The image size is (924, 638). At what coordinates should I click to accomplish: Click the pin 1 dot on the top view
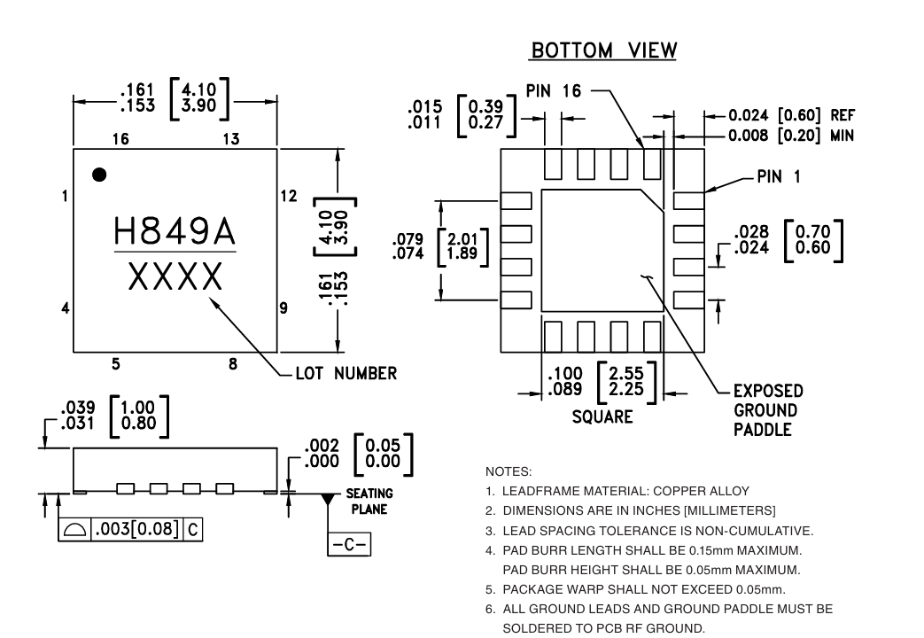(x=99, y=175)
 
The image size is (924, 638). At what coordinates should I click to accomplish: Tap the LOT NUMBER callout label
(x=346, y=373)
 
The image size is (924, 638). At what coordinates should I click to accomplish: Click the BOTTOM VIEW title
(x=604, y=51)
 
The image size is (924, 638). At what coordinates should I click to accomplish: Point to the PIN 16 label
(x=554, y=90)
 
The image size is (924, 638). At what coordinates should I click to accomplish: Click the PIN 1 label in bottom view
(x=779, y=176)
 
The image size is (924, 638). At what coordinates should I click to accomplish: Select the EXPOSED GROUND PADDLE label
(x=768, y=410)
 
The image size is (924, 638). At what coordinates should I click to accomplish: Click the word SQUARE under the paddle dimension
(x=602, y=416)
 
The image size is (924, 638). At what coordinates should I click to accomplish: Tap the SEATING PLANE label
(x=369, y=502)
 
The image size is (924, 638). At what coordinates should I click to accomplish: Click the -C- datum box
(x=349, y=544)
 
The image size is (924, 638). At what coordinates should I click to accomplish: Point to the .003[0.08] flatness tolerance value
(x=136, y=529)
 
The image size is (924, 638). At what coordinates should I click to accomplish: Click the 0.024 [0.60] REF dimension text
(x=791, y=115)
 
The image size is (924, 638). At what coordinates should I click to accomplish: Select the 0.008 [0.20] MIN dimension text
(x=791, y=136)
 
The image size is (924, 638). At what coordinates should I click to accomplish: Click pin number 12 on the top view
(x=289, y=196)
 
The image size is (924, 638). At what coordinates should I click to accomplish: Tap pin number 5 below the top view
(x=116, y=364)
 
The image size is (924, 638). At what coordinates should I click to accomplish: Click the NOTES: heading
(x=509, y=471)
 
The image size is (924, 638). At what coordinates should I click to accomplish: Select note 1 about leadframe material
(x=617, y=491)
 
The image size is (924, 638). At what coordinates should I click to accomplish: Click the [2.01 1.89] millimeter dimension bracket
(x=462, y=246)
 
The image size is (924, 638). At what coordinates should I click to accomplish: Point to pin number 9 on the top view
(x=283, y=307)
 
